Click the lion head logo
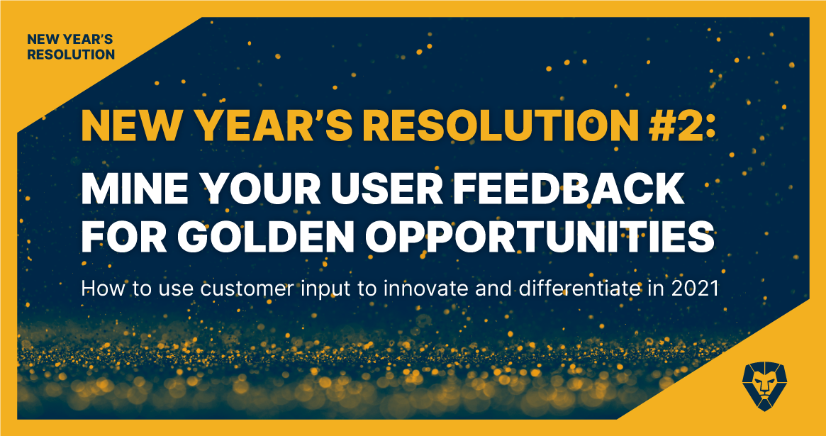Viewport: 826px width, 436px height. (x=764, y=386)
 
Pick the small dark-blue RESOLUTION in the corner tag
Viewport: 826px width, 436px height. (x=71, y=55)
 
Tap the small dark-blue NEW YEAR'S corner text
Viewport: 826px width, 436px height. (x=70, y=40)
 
